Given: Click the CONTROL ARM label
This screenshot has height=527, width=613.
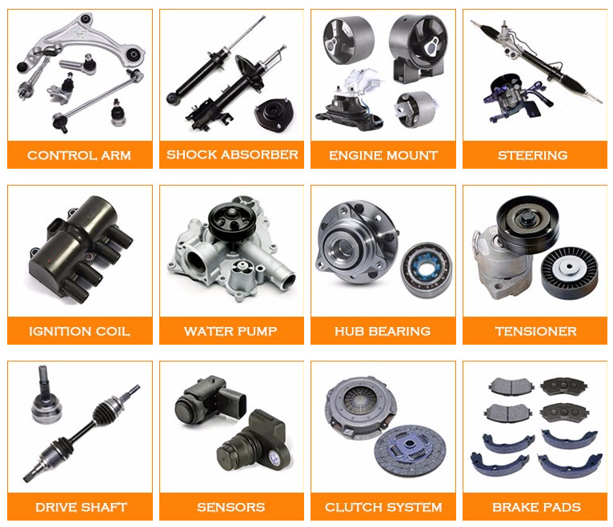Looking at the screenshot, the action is [x=79, y=155].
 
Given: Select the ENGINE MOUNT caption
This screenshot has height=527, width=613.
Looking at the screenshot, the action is [x=383, y=155].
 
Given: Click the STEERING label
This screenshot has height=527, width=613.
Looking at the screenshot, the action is [x=532, y=155].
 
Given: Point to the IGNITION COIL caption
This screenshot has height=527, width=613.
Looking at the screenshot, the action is [x=79, y=331].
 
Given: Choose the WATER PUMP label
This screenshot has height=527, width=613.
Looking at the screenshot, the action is [x=230, y=331].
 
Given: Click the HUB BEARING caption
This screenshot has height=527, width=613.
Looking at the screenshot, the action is [x=383, y=331].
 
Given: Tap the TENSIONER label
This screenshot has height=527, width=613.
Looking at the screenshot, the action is [x=536, y=331].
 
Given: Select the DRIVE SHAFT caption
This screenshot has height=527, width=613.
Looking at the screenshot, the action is [x=82, y=507].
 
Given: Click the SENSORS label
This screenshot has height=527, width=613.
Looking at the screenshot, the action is [x=231, y=507].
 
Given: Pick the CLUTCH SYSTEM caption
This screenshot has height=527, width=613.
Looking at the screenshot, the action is [x=383, y=507].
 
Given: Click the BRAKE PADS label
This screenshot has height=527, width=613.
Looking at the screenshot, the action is [x=536, y=507].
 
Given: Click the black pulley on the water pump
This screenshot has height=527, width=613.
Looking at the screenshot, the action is [x=231, y=222].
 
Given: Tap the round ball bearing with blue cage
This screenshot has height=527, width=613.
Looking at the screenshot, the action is [x=426, y=269].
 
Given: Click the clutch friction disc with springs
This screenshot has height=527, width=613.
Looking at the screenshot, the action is [x=410, y=451].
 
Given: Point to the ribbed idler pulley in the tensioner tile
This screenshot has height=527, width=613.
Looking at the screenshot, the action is [x=569, y=273].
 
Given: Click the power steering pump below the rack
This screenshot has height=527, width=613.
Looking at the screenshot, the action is [x=512, y=98].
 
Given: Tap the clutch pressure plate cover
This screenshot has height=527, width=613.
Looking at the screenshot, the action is [x=360, y=406].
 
